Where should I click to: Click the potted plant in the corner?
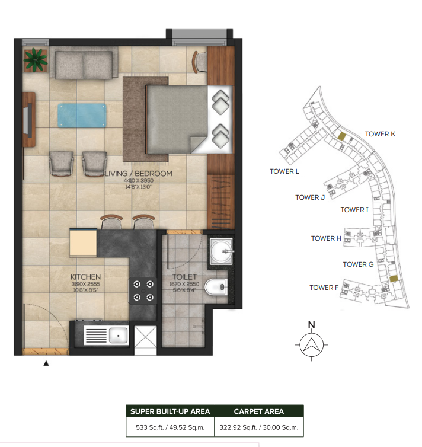tap(36, 60)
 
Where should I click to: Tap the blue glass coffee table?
tap(82, 116)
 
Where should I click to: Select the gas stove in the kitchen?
tap(143, 290)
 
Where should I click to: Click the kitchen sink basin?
tap(119, 336)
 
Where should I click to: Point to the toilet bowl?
tap(216, 287)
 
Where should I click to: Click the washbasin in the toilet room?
tap(222, 251)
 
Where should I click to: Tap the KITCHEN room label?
tap(85, 277)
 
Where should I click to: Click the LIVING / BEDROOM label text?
tap(139, 174)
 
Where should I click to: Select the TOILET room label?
tap(184, 277)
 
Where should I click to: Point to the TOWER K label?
tap(380, 134)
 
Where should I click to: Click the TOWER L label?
tap(284, 171)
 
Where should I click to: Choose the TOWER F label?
tap(324, 288)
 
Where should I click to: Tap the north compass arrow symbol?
tap(311, 344)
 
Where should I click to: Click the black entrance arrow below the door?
tap(46, 363)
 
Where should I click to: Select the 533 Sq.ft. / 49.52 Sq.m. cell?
tap(170, 427)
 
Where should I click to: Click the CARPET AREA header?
tap(259, 411)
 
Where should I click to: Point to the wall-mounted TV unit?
tap(29, 119)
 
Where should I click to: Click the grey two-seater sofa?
tap(84, 65)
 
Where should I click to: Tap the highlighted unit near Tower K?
tap(341, 136)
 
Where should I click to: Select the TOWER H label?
tap(326, 238)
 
